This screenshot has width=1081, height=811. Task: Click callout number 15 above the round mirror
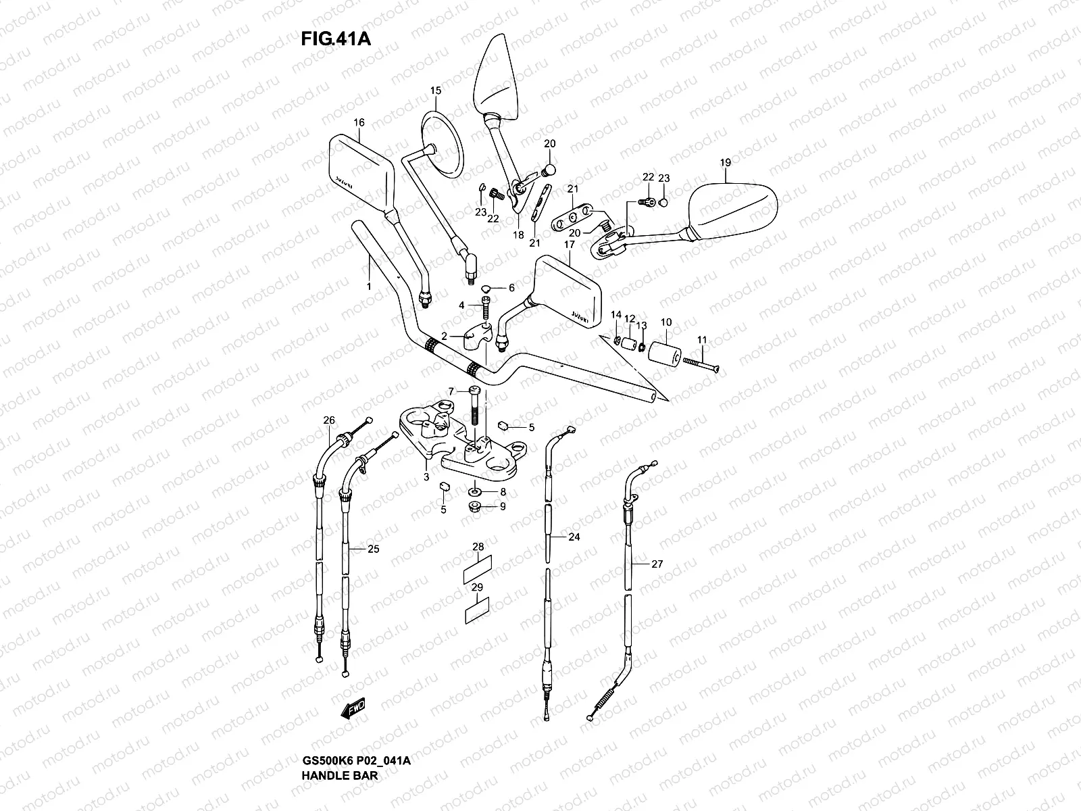(x=435, y=91)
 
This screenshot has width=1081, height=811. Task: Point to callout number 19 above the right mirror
(x=726, y=163)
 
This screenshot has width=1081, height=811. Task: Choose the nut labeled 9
(x=474, y=506)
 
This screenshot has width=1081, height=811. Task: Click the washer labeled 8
(x=474, y=491)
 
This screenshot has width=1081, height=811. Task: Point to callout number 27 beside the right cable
(x=657, y=564)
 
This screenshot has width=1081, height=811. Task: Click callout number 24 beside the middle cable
(x=574, y=537)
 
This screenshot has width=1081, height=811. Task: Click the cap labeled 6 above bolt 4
(x=487, y=289)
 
